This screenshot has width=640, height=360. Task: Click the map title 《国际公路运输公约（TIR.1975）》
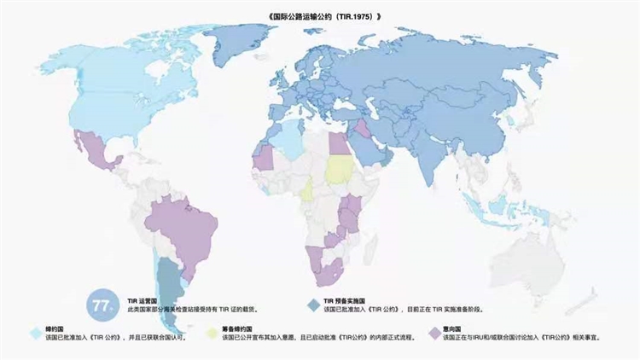coord(319,15)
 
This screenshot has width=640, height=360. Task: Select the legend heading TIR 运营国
coord(144,301)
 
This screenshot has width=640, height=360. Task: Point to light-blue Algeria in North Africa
coord(291,142)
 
